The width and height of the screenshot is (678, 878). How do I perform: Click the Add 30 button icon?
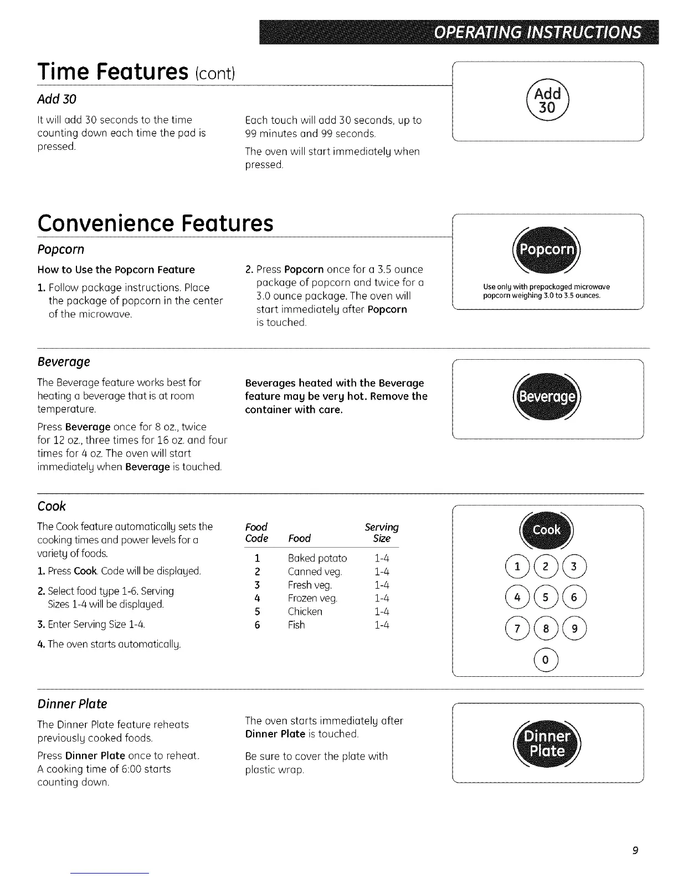tap(547, 101)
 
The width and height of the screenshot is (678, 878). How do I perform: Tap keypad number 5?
tap(547, 598)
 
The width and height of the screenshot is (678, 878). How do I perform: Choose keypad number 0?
tap(547, 660)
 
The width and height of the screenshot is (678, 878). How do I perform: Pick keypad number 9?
tap(574, 629)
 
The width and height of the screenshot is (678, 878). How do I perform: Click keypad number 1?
tap(518, 566)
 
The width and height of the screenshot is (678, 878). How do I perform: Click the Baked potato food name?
tap(317, 558)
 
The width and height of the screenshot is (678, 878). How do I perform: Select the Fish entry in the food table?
tap(296, 625)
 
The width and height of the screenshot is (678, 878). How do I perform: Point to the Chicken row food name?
tap(305, 611)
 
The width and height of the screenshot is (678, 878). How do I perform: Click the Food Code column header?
tap(256, 532)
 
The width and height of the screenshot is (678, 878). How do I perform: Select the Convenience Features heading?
tap(155, 223)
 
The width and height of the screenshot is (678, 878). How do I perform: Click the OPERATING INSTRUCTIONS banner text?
tap(537, 33)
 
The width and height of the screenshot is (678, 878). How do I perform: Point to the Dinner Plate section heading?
tap(72, 703)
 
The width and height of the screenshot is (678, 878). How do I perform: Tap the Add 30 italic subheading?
tap(56, 99)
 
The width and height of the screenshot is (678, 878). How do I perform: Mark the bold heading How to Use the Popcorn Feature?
tap(116, 270)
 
